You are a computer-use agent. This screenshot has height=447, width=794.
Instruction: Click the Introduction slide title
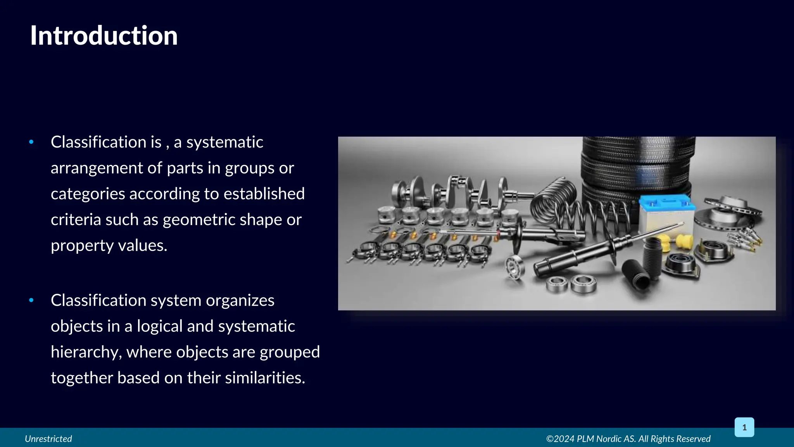104,36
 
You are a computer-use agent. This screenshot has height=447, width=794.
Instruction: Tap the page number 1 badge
744,427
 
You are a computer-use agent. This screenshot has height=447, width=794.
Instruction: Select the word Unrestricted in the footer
48,439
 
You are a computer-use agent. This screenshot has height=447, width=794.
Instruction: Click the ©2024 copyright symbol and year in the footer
560,439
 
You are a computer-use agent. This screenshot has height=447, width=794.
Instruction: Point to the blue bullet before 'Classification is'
31,142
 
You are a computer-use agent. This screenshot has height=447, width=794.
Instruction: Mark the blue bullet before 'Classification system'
31,300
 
